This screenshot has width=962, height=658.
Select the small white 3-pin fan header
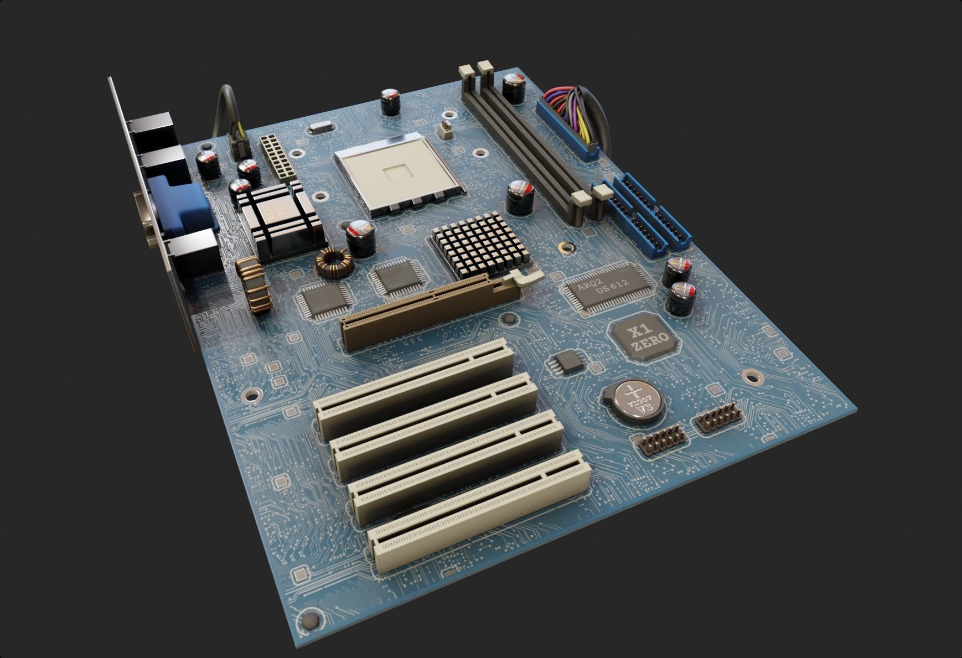click(x=445, y=129)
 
